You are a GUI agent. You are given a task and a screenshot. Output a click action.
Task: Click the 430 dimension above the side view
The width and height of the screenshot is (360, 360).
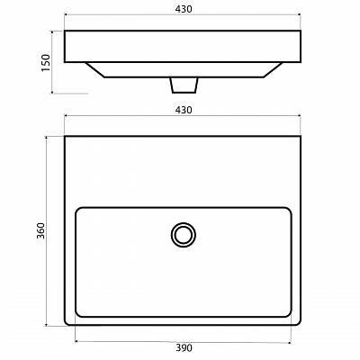pos(184,9)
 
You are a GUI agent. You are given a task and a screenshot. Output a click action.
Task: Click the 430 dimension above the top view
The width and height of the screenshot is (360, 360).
pos(184,111)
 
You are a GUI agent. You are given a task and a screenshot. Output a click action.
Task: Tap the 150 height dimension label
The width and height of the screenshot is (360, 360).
pos(46,63)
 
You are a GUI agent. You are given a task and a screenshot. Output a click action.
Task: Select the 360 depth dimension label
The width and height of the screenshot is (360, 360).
pos(40,230)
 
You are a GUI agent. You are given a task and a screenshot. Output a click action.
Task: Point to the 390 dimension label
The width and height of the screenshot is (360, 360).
pos(184,348)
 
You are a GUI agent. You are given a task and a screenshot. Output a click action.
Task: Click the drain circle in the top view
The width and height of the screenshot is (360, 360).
pos(184,222)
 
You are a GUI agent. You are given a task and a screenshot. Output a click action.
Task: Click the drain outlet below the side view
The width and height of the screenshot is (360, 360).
pos(184,85)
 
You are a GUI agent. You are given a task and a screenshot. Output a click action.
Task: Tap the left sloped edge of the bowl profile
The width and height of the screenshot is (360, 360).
pos(95,70)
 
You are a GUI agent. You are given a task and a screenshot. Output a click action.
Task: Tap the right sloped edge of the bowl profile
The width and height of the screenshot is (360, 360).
pos(273,70)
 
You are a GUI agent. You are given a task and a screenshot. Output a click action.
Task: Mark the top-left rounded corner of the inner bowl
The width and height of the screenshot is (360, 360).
pos(77,209)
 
